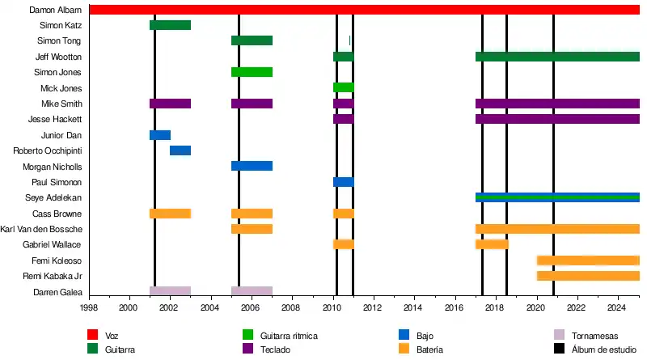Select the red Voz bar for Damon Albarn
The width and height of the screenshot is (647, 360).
coord(364,10)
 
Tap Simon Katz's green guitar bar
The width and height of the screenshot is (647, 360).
coord(170,25)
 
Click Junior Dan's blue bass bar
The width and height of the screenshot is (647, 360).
coord(160,135)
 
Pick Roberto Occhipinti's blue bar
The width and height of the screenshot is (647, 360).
coord(180,150)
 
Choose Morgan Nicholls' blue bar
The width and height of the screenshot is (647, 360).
coord(252,166)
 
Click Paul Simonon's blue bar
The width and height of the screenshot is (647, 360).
coord(343,182)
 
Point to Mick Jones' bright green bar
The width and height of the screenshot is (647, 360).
coord(343,87)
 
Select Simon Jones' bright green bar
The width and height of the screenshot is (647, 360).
coord(252,72)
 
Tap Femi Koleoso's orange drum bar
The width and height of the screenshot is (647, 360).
coord(588,260)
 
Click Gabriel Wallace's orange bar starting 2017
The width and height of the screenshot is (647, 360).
coord(492,244)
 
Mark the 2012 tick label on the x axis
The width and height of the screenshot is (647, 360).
coord(372,308)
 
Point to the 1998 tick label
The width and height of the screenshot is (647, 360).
coord(88,308)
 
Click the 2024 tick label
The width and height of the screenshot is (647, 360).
coord(616,308)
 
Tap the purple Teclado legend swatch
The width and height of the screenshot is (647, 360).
coord(249,349)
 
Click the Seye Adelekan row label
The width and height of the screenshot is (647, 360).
coord(54,198)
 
